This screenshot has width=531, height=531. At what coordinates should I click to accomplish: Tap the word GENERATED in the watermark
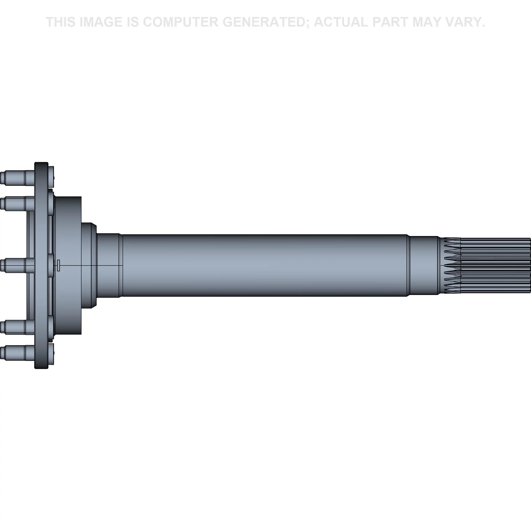[265, 22]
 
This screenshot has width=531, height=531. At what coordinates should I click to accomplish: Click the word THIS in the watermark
[61, 22]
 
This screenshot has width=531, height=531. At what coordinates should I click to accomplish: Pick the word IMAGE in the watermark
[101, 22]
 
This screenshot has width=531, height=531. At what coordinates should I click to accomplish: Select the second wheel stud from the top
[17, 204]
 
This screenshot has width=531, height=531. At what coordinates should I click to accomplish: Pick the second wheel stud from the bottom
[17, 327]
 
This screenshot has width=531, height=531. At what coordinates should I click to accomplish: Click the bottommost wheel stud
[17, 353]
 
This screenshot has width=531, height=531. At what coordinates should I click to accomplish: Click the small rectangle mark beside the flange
[58, 265]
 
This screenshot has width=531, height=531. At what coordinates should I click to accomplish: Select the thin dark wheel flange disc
[41, 265]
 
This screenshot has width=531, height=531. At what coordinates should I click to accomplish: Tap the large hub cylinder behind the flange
[68, 265]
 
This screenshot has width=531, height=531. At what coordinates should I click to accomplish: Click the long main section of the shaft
[265, 265]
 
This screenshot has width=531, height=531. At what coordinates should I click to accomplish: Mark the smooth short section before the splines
[423, 265]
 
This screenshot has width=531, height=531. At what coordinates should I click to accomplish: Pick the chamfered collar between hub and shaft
[89, 265]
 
